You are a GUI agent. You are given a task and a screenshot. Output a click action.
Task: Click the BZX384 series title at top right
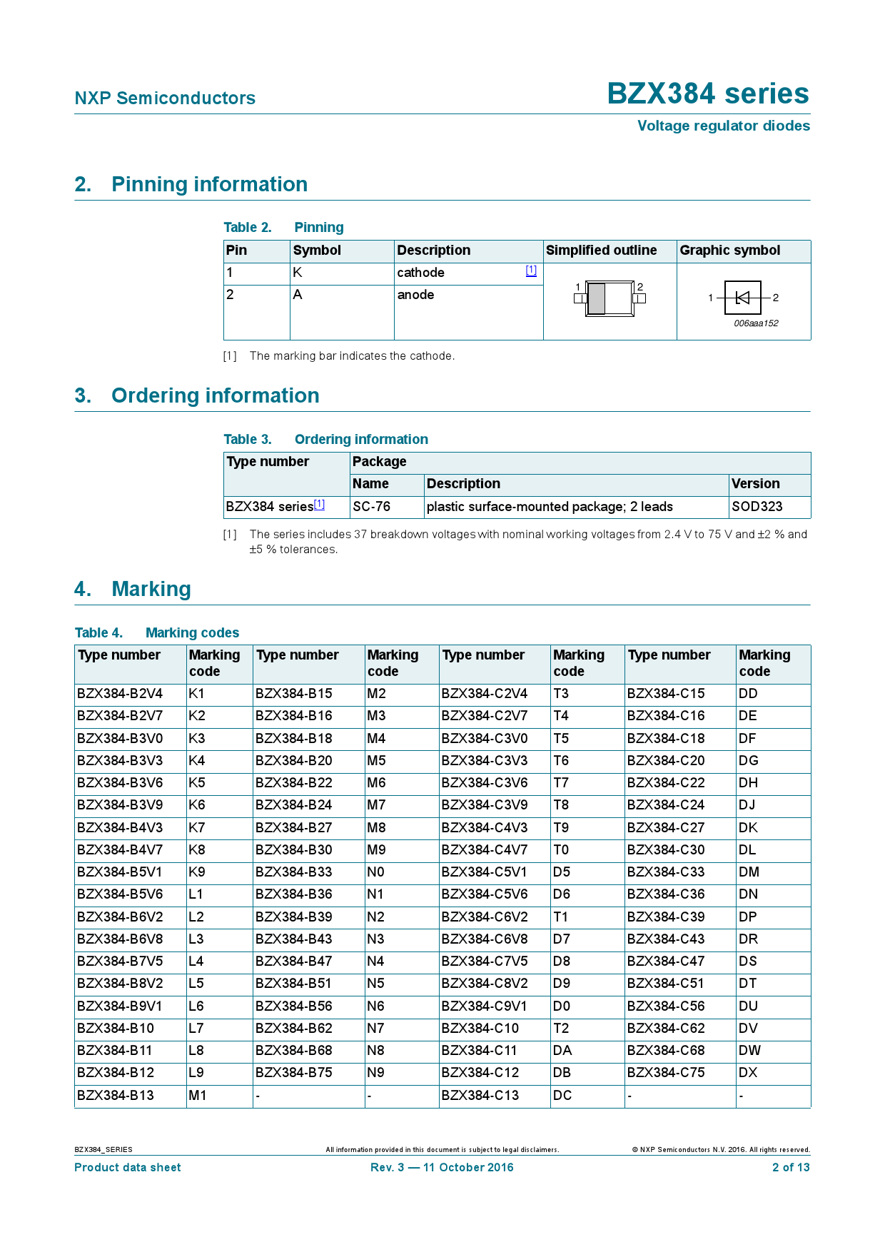click(708, 94)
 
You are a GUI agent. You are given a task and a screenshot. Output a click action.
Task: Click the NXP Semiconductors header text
click(165, 99)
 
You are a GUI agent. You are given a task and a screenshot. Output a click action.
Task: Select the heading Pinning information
click(209, 185)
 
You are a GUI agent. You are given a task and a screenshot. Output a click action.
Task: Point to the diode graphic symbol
click(742, 298)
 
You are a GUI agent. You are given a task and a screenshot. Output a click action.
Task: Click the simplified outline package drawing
click(610, 298)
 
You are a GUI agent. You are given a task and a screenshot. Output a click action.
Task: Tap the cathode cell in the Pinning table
click(420, 273)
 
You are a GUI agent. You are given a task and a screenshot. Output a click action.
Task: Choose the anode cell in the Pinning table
click(415, 295)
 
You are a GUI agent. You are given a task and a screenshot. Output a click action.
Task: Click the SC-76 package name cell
click(372, 507)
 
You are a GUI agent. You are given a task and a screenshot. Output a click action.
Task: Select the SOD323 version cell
click(757, 507)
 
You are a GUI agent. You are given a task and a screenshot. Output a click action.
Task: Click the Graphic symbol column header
click(729, 251)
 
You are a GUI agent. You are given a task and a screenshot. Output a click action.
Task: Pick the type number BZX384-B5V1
click(120, 872)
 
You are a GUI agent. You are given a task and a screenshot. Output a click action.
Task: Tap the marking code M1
click(198, 1096)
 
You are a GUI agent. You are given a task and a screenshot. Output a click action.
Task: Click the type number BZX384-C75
click(666, 1073)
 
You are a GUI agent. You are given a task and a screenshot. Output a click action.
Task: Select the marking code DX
click(748, 1073)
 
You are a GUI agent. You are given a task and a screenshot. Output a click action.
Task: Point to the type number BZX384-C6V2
click(485, 917)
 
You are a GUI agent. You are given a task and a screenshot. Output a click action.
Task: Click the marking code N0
click(375, 872)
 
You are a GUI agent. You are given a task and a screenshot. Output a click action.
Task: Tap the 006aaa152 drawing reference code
click(756, 323)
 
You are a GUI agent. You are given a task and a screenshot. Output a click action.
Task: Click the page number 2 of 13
click(791, 1168)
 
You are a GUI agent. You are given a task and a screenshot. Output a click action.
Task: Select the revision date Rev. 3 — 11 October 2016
click(442, 1168)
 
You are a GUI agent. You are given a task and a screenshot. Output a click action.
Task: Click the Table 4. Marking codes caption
click(157, 633)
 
